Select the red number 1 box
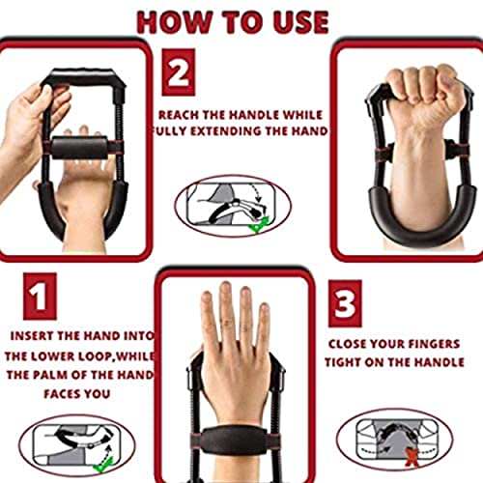pos(40,297)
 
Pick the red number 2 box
pos(179,72)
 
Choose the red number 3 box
pos(345,303)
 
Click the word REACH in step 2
pos(178,115)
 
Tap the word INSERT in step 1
pos(32,336)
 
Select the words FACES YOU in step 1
pos(77,394)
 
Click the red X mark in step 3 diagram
pos(412,457)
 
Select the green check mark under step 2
pos(260,225)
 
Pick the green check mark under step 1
pos(103,465)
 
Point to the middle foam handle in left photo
pos(80,148)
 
